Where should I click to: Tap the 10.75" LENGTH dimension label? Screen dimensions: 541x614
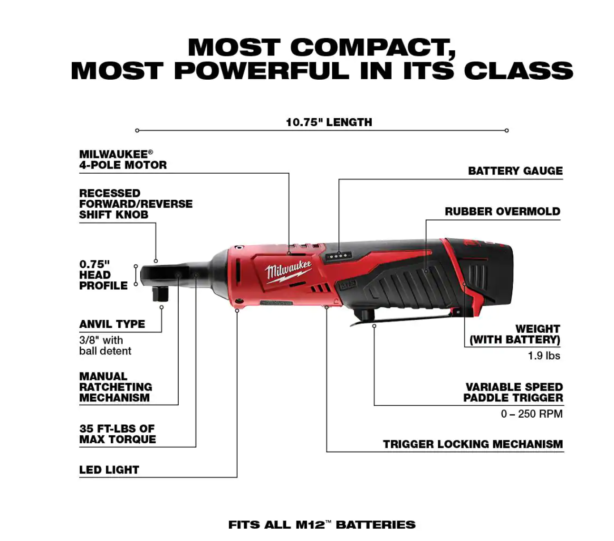[x=329, y=122]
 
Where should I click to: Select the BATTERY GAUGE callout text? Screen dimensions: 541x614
[x=515, y=171]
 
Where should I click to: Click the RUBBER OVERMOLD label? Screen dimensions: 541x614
[x=502, y=212]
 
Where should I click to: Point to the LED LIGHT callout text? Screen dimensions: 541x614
[x=109, y=470]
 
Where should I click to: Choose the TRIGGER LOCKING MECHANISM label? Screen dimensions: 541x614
[x=473, y=444]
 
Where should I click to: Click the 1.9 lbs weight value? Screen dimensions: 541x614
[x=544, y=355]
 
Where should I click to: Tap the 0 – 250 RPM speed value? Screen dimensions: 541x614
[x=531, y=414]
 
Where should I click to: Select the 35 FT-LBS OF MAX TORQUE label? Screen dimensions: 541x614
[x=117, y=434]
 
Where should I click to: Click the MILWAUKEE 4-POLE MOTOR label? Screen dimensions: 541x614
[x=123, y=159]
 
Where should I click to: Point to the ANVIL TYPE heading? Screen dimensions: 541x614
[x=112, y=324]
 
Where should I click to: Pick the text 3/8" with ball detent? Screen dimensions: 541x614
[x=105, y=345]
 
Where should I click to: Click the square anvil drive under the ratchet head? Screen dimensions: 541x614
[x=161, y=294]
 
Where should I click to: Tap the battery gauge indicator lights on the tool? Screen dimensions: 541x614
[x=338, y=256]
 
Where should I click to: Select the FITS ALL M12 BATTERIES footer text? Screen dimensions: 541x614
[x=322, y=524]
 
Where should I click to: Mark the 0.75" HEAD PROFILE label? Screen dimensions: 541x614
[x=103, y=275]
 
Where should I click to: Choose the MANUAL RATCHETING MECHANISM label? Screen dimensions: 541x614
[x=115, y=387]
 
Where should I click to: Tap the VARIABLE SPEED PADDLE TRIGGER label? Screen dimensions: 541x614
[x=513, y=392]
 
